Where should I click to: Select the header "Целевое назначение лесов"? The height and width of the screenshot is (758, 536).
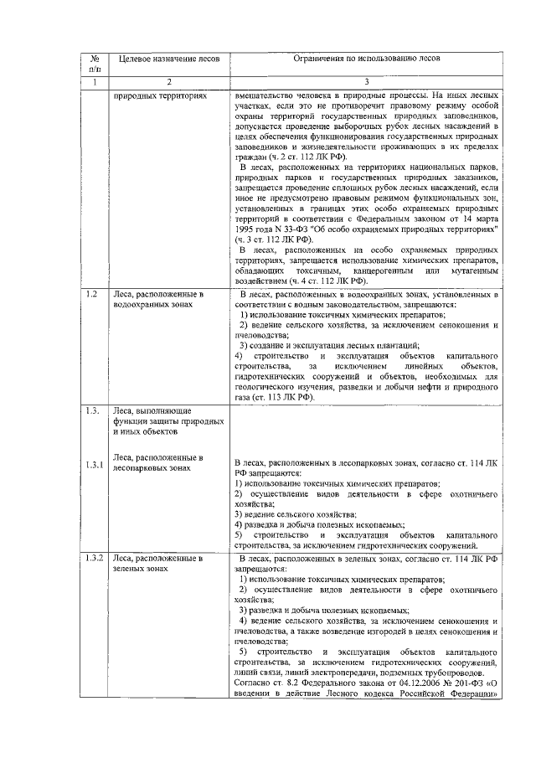[x=168, y=59]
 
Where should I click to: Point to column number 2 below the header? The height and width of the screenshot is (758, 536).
[x=168, y=83]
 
